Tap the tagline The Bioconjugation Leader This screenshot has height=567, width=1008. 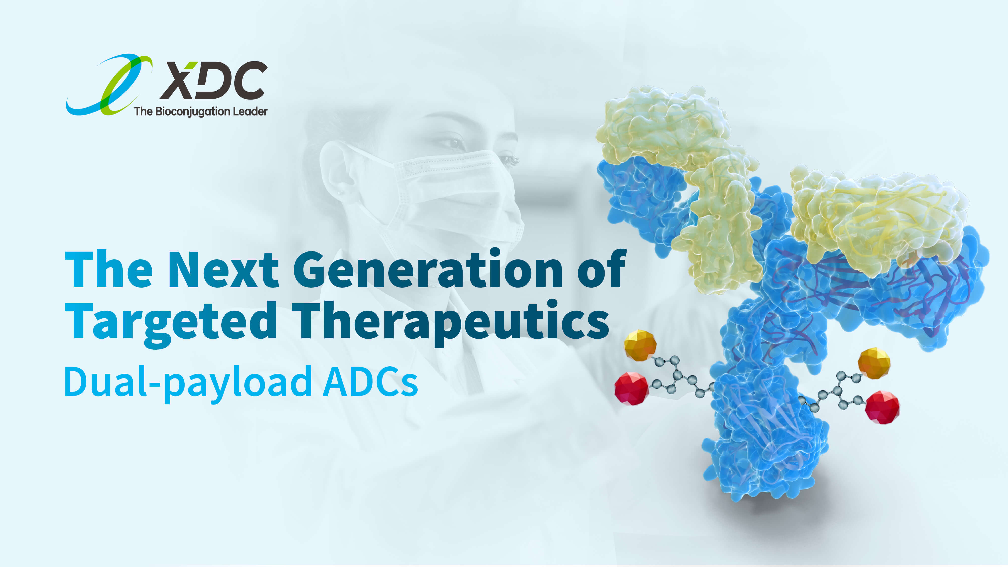(x=201, y=112)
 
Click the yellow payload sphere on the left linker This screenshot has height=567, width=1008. (x=640, y=345)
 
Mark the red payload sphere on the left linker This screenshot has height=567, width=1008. (x=632, y=389)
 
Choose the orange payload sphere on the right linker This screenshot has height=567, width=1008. (x=874, y=363)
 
